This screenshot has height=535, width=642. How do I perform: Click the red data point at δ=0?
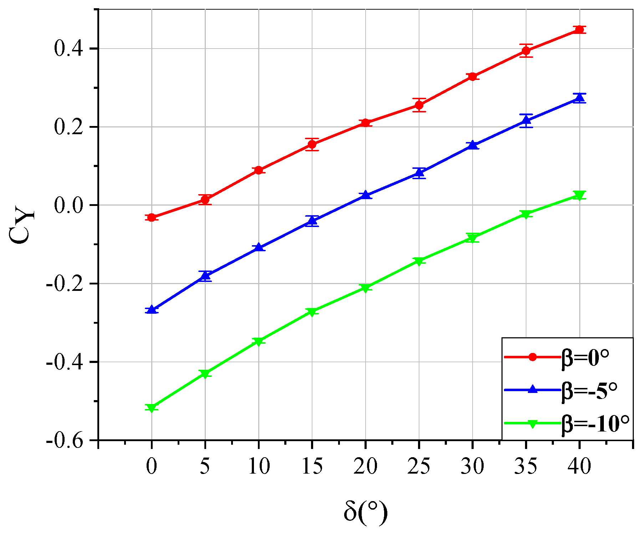tap(152, 217)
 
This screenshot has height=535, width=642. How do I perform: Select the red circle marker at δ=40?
tap(580, 30)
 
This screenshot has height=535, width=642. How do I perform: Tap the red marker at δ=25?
tap(419, 105)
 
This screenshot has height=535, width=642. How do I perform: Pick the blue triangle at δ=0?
tap(152, 309)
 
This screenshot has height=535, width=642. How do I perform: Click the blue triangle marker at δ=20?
tap(366, 195)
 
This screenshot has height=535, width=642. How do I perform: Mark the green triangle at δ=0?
tap(152, 408)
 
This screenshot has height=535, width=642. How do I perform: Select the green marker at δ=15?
tap(312, 312)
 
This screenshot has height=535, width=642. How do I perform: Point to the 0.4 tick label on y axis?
tap(69, 49)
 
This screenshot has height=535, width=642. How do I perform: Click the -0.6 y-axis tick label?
tap(65, 440)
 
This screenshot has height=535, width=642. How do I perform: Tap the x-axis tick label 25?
tap(419, 466)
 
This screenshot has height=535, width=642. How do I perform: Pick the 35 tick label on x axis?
tap(526, 466)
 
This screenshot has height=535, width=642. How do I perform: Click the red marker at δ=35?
tap(526, 51)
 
